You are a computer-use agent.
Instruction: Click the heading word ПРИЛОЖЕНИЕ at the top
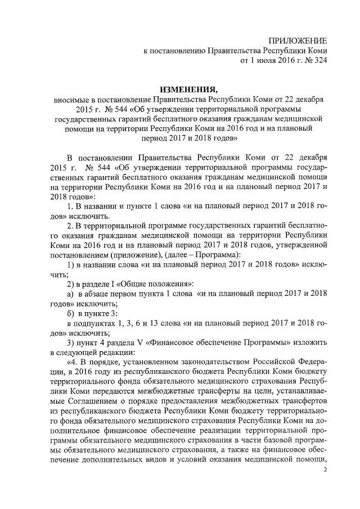tap(298, 41)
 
